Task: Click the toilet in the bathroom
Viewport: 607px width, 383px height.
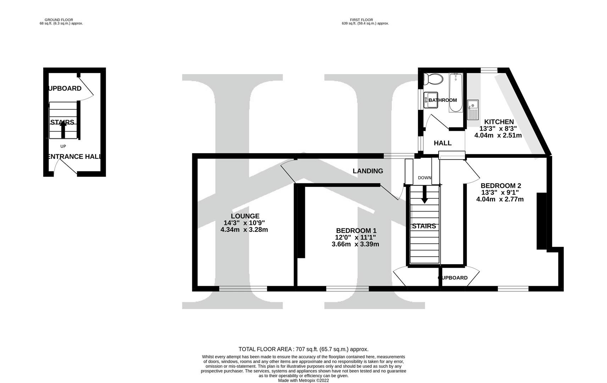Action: pos(433,79)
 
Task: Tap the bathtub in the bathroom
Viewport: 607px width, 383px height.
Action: pos(456,92)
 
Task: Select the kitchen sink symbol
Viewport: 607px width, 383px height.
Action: pos(473,110)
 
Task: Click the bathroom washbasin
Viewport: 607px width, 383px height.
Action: pos(431,100)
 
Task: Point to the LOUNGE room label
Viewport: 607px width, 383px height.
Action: pos(245,216)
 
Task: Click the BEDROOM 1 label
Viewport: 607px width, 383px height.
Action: pos(356,231)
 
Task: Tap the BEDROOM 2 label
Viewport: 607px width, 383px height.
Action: pos(501,186)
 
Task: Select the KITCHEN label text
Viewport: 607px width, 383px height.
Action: pos(499,122)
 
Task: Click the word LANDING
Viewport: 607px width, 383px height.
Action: pos(368,171)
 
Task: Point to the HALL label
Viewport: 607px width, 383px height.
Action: pos(442,143)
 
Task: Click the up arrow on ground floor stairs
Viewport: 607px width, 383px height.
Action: pos(63,129)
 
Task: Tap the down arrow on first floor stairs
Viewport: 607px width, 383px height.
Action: pos(424,194)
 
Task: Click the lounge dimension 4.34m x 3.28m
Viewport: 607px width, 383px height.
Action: pos(244,229)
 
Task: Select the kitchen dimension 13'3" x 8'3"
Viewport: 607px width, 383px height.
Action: pos(498,128)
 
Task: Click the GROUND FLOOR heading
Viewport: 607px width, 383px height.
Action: pos(59,20)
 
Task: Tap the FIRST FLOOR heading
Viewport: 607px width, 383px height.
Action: pos(361,20)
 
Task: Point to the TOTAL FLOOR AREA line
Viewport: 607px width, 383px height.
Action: pos(303,349)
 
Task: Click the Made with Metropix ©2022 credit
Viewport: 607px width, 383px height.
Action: pos(303,381)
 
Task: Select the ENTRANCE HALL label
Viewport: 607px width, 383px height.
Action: pos(75,156)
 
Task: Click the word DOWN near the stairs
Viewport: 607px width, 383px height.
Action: pos(424,178)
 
